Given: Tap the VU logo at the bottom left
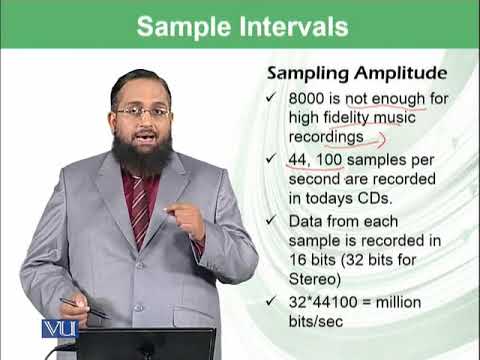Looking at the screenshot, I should [57, 329].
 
